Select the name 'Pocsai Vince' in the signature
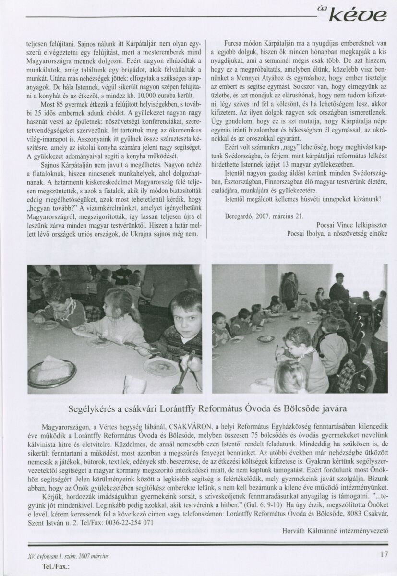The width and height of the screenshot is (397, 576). point(334,224)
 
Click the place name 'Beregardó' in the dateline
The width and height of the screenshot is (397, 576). point(241,216)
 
